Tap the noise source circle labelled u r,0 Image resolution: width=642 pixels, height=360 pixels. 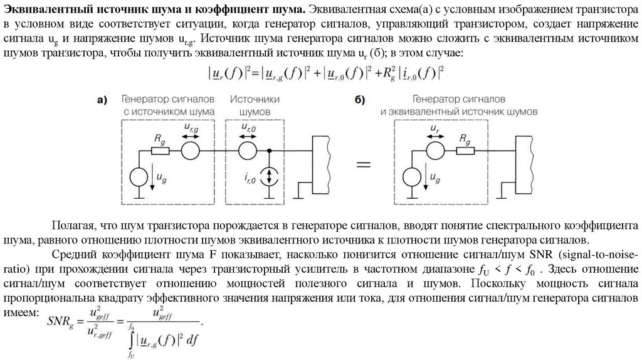(x=248, y=151)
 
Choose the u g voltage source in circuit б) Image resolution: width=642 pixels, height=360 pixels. (x=413, y=177)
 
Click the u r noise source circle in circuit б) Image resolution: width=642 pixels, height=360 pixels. (x=433, y=151)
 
